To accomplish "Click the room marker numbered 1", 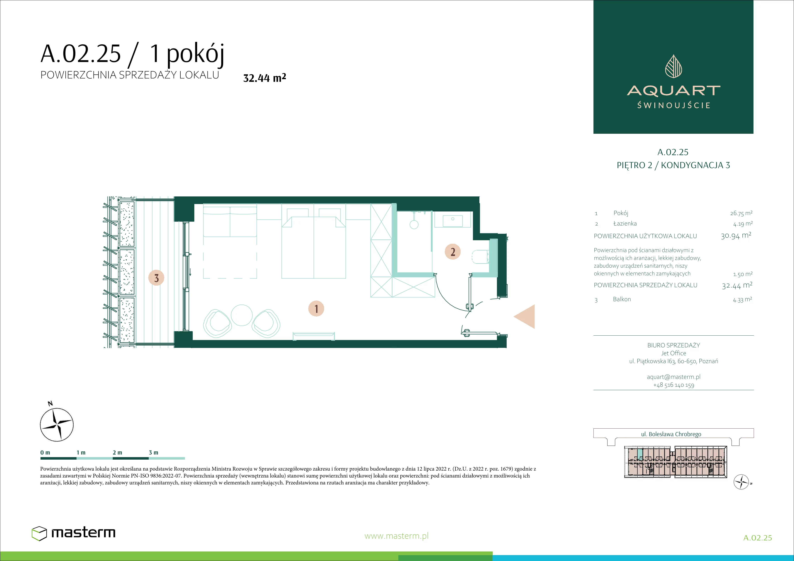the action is tap(316, 308).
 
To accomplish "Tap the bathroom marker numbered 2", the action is tap(453, 252).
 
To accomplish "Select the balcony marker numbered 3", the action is tap(156, 278).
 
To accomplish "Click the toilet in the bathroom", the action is tap(480, 256).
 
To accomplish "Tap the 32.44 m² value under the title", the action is tap(265, 78).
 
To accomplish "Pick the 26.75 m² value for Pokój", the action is tap(741, 213).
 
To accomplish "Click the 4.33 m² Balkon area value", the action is tap(742, 299).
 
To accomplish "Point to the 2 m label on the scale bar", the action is tap(117, 452).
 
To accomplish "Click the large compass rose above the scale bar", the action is tap(57, 425).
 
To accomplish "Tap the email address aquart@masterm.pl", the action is tap(673, 377).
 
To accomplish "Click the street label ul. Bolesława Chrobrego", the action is tap(671, 434).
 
